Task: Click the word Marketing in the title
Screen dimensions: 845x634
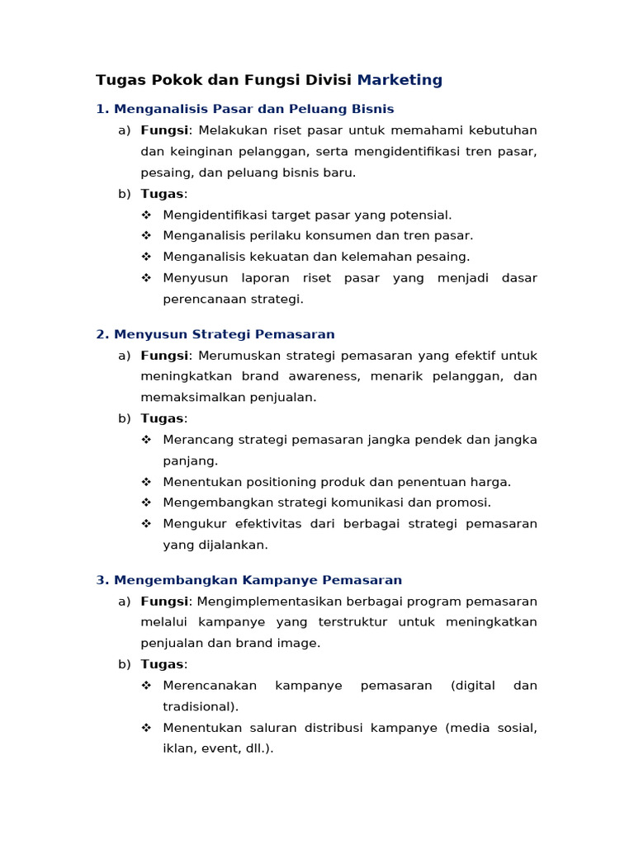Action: [x=400, y=80]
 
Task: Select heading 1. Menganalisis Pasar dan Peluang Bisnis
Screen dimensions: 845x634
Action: [x=244, y=109]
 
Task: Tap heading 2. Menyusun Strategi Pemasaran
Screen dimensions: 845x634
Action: [x=215, y=334]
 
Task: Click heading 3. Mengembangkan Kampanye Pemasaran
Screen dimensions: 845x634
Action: [x=248, y=580]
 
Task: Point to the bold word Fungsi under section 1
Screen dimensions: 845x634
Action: [x=164, y=130]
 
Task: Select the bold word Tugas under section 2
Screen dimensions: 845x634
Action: [x=163, y=418]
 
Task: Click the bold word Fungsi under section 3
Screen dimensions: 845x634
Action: [x=164, y=602]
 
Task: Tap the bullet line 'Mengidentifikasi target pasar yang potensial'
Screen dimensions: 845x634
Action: [x=307, y=215]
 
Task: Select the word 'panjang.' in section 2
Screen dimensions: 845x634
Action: [x=190, y=460]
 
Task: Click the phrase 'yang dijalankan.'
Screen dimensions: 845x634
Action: [x=215, y=545]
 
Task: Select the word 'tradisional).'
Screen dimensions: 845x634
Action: [x=201, y=706]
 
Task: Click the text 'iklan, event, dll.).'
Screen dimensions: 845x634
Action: [x=218, y=748]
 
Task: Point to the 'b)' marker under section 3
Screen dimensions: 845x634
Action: [x=125, y=664]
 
